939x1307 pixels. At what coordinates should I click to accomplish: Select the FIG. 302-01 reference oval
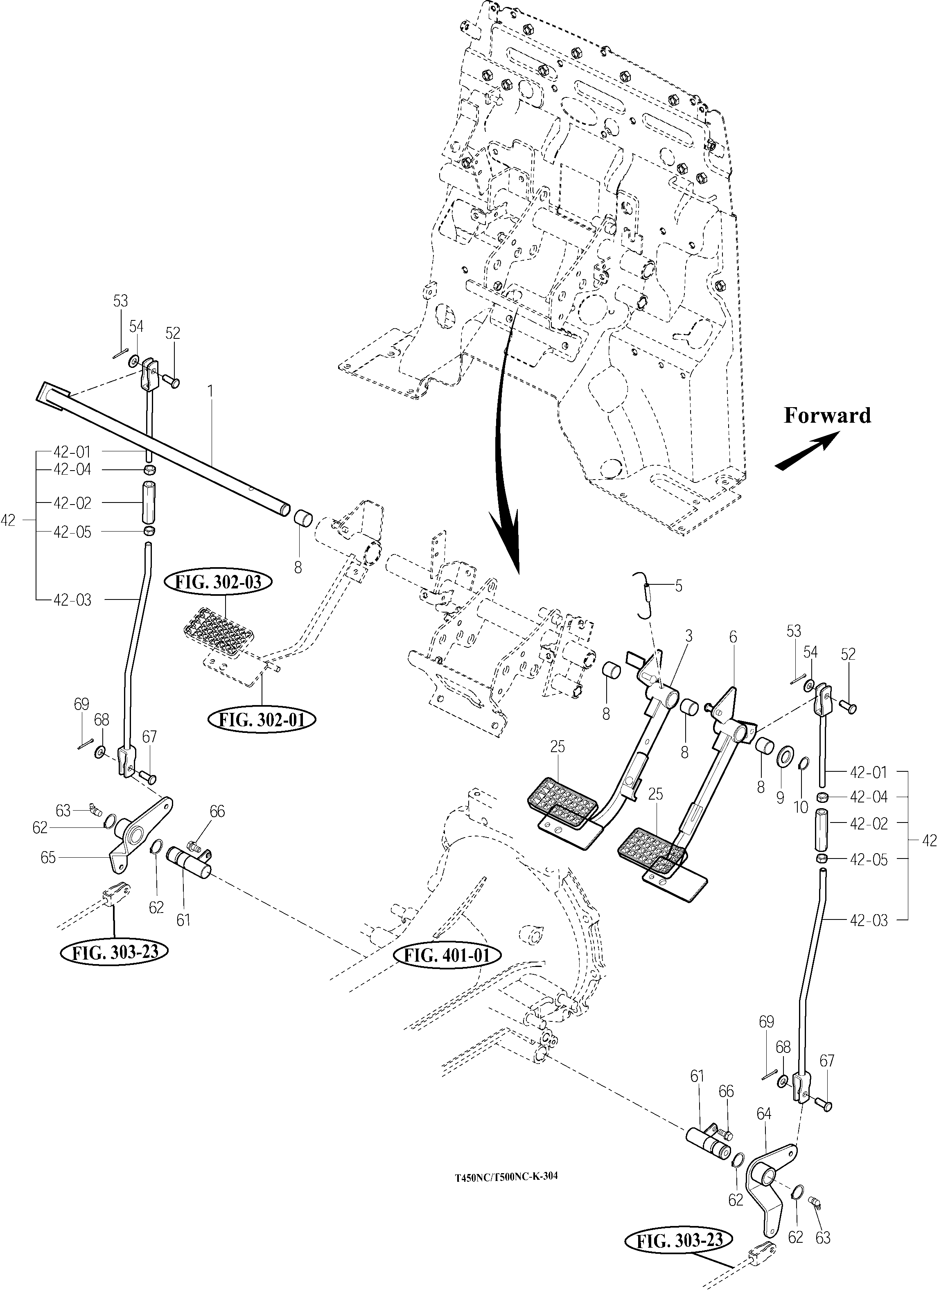(x=263, y=720)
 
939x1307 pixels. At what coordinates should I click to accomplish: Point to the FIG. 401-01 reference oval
(x=447, y=955)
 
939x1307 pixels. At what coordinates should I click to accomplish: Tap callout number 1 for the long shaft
(x=211, y=391)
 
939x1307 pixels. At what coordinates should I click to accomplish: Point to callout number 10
(x=801, y=807)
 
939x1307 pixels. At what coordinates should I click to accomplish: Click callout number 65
(x=48, y=858)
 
